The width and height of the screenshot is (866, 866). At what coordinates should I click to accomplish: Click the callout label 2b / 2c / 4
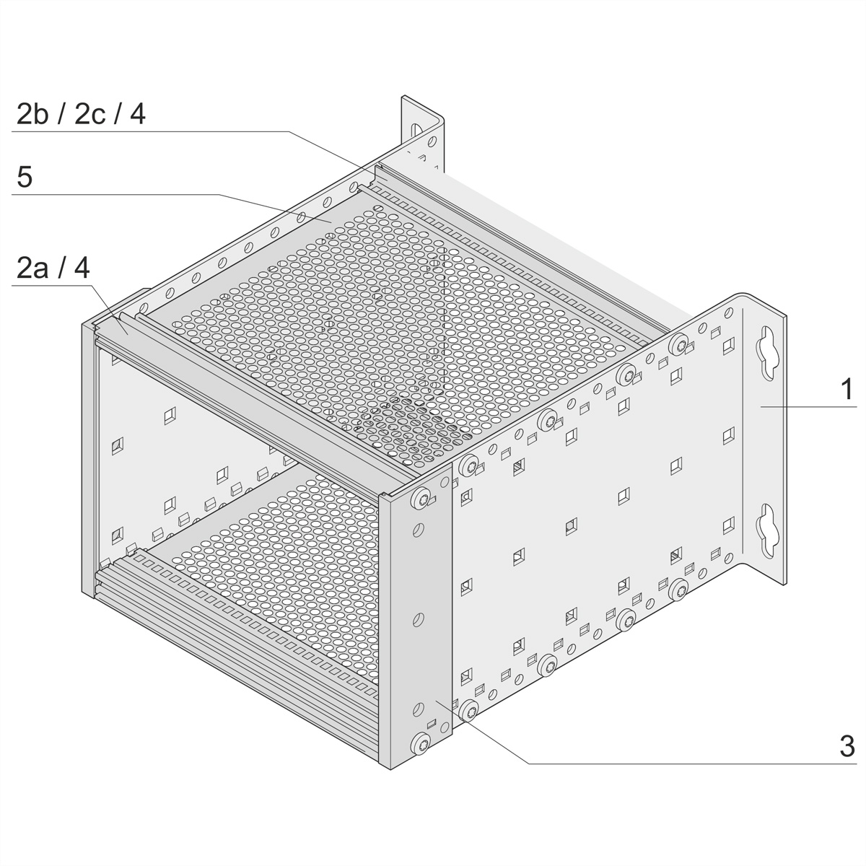pos(81,114)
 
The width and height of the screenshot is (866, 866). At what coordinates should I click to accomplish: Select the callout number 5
pos(25,177)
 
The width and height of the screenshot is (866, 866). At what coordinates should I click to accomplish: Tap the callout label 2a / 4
pos(53,268)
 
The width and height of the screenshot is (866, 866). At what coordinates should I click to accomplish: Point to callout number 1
pos(847,389)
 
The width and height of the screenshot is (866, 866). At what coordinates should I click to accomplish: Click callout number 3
pos(847,746)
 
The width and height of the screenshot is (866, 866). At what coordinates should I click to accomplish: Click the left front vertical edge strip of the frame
pos(88,460)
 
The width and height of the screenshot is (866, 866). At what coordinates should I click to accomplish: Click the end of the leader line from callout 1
pos(761,406)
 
